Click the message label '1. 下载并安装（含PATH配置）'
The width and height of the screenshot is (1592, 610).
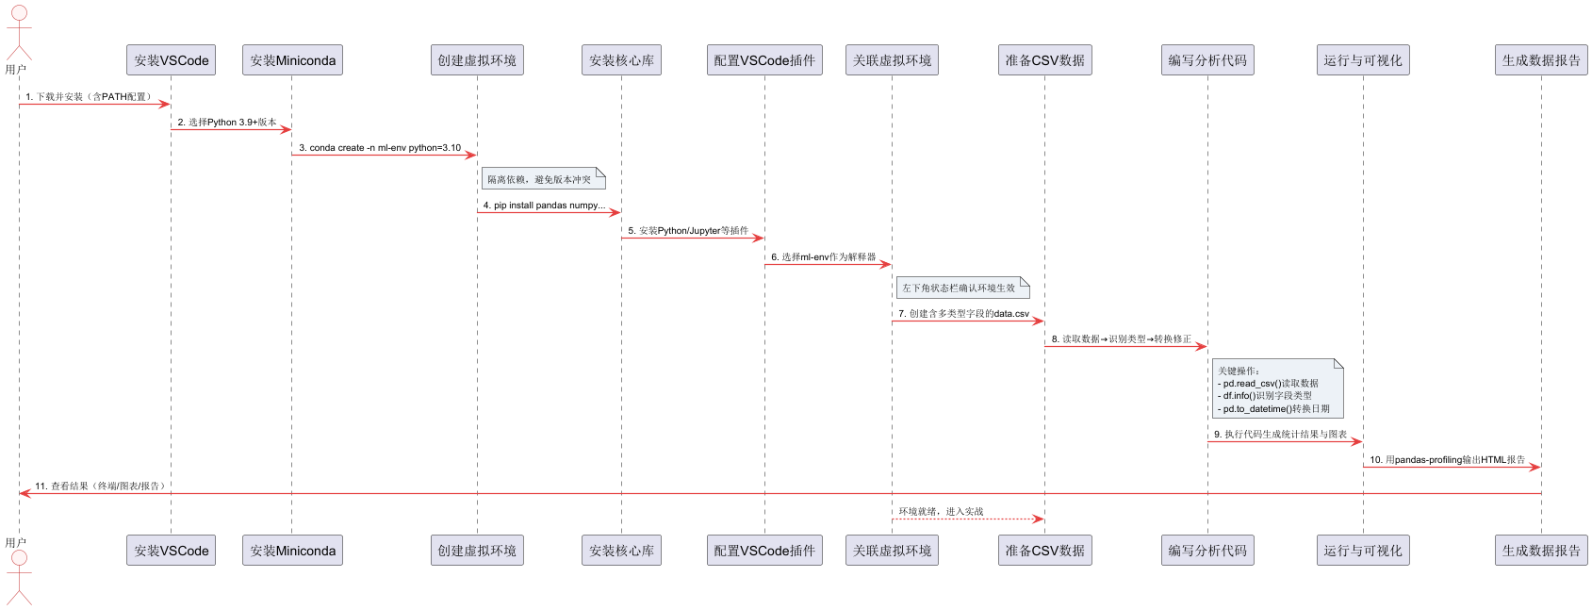[x=89, y=96]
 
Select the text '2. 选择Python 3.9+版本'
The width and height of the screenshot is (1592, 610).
[x=227, y=122]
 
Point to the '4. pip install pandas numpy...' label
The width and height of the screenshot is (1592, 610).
[x=544, y=205]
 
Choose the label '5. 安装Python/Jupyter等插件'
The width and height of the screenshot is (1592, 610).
[x=688, y=230]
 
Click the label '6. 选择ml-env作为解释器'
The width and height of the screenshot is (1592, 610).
[x=823, y=256]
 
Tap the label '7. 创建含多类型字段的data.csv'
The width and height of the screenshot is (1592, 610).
[x=963, y=313]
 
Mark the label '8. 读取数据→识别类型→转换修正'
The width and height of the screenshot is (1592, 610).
[x=1121, y=338]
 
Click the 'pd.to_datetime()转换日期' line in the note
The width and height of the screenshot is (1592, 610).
[x=1276, y=408]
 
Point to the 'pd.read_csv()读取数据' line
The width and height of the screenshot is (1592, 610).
[x=1271, y=384]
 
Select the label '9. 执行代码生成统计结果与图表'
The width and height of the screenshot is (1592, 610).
[x=1280, y=434]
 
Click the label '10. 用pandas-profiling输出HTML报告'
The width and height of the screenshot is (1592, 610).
[x=1447, y=460]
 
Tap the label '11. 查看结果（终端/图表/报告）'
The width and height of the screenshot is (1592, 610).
[x=102, y=486]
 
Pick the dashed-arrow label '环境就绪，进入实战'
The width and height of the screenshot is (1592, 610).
[x=941, y=511]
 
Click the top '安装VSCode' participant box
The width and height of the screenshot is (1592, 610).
[x=171, y=60]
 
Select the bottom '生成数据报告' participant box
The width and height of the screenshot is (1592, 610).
[x=1541, y=551]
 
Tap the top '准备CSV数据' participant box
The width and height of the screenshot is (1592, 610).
[x=1044, y=60]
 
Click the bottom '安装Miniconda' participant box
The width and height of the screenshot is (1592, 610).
[x=292, y=551]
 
